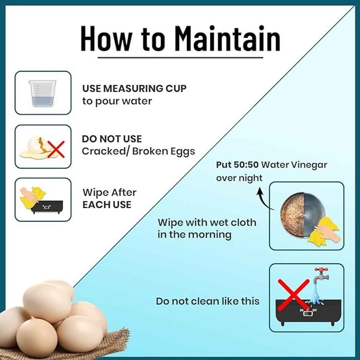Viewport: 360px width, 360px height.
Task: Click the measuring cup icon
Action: pyautogui.click(x=43, y=93)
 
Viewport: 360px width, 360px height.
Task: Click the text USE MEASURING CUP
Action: pyautogui.click(x=134, y=88)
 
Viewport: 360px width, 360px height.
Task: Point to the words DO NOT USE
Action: pyautogui.click(x=111, y=139)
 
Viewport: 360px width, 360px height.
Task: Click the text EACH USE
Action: pyautogui.click(x=107, y=205)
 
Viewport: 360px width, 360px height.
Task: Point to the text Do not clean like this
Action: pyautogui.click(x=207, y=301)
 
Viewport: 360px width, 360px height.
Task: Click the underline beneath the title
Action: pyautogui.click(x=180, y=57)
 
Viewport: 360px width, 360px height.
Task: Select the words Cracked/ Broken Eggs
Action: pyautogui.click(x=138, y=151)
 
